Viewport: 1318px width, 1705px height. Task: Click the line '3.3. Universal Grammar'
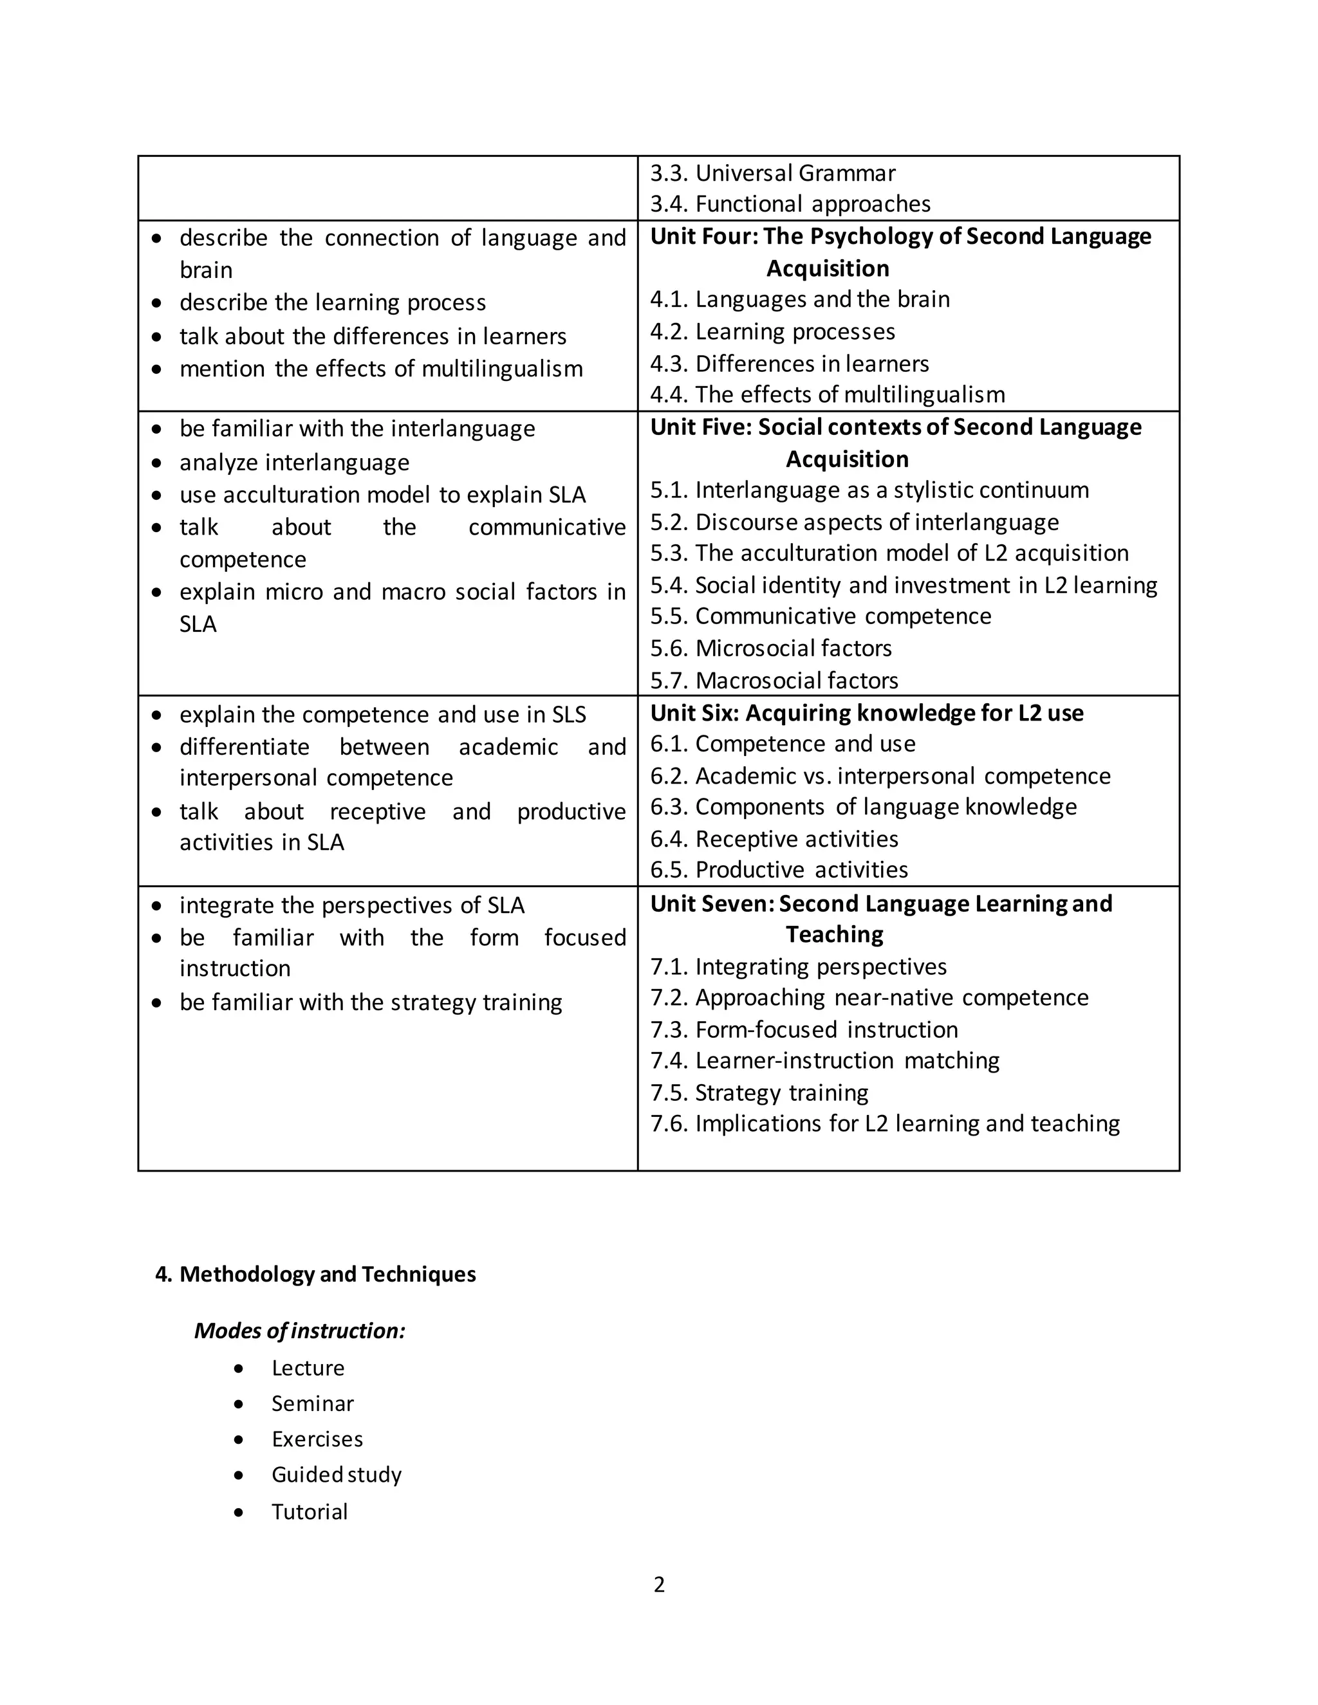click(x=772, y=172)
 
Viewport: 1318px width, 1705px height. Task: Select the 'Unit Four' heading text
click(x=900, y=237)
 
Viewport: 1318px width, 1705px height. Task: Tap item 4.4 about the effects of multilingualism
click(x=827, y=395)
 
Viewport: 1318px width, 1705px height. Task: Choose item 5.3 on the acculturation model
click(x=889, y=553)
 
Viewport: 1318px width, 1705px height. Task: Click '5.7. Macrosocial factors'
click(x=773, y=681)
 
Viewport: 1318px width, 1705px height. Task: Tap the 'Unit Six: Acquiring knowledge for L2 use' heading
click(x=866, y=714)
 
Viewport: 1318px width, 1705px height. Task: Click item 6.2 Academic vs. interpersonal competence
click(x=879, y=776)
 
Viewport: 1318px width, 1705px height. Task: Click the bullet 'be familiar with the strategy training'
click(x=370, y=1002)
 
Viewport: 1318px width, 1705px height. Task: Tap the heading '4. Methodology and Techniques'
click(x=315, y=1274)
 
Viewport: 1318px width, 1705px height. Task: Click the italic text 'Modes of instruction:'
click(x=300, y=1331)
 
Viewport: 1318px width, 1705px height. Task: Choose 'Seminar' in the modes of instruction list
click(x=312, y=1404)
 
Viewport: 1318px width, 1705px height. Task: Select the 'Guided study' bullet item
click(x=336, y=1475)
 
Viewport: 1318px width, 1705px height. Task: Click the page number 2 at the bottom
click(x=658, y=1585)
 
